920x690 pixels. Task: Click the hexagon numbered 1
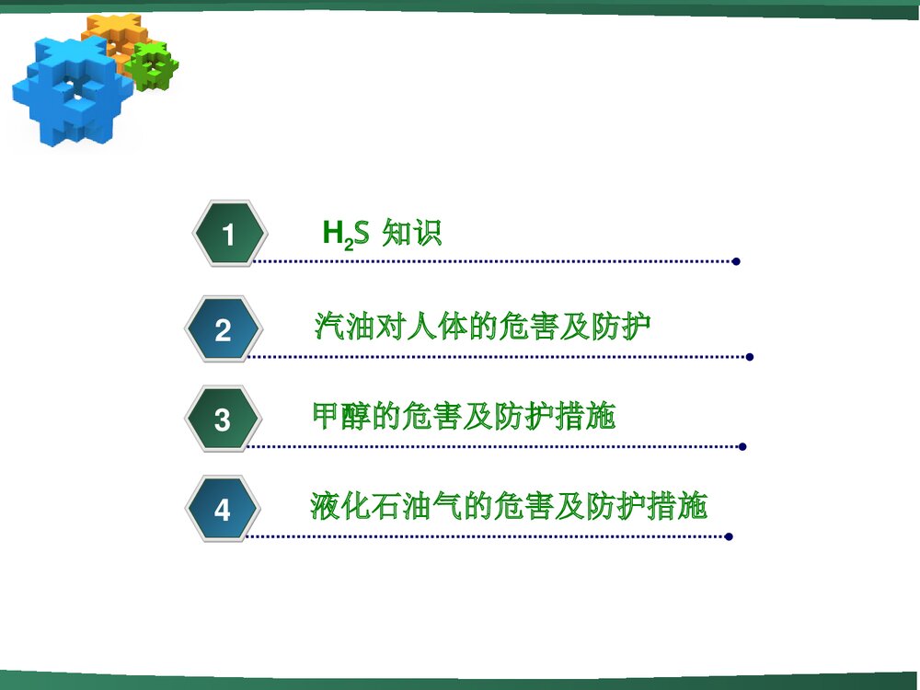tap(229, 236)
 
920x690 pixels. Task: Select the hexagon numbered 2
tap(223, 330)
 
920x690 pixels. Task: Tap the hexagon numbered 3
tap(223, 420)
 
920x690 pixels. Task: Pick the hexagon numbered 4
tap(223, 509)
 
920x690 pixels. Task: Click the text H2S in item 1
tap(345, 235)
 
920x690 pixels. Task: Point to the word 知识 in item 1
tap(411, 234)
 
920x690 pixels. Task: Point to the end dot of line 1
tap(736, 261)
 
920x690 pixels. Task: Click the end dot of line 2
tap(750, 357)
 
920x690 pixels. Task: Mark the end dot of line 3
tap(742, 447)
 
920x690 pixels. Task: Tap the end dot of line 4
tap(729, 536)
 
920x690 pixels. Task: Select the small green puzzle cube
tap(151, 65)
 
